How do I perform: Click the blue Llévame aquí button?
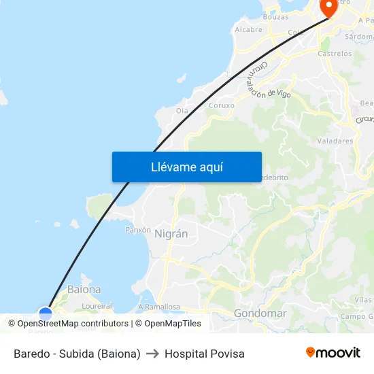pos(187,167)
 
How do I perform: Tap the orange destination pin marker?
pos(329,7)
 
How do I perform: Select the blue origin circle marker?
pos(46,313)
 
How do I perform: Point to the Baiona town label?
pos(84,289)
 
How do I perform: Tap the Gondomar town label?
pos(260,313)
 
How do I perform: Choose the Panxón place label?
pos(138,230)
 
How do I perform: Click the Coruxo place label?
pos(222,105)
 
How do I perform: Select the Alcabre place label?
pos(248,30)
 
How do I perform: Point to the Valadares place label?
pos(335,141)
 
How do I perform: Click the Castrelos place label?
pos(335,52)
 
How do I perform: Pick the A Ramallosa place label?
pos(158,307)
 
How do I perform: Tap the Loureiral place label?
pos(97,307)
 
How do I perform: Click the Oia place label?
pos(182,110)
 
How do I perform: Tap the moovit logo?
pos(333,353)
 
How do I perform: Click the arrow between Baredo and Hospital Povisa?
pos(152,354)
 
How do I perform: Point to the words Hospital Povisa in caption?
pos(204,354)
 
